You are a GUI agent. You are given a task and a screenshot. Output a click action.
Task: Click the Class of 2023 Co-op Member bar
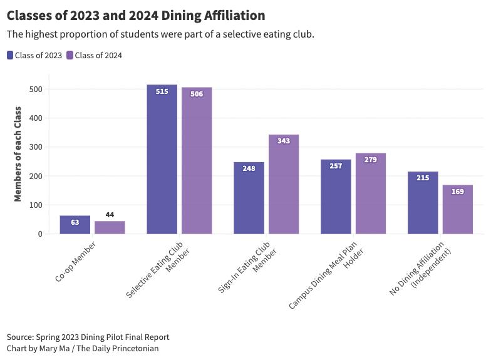pos(75,225)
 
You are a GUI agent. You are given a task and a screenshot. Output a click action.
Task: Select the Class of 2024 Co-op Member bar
pos(110,227)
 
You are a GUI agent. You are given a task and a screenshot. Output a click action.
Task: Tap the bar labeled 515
pos(162,160)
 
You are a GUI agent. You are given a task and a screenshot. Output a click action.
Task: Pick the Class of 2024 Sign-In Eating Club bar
pos(284,184)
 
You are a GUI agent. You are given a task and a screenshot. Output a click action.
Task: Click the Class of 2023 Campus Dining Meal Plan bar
pos(336,197)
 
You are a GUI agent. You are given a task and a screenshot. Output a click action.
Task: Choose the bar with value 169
pos(457,209)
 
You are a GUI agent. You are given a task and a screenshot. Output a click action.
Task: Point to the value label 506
pos(197,95)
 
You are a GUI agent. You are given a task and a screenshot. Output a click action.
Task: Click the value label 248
pos(249,168)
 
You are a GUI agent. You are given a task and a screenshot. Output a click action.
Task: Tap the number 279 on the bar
pos(370,160)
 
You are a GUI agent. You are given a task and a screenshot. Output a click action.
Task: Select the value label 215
pos(423,178)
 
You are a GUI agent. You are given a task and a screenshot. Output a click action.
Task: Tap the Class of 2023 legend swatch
pos(10,55)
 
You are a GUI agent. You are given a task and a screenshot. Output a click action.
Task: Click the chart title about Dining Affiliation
pos(136,15)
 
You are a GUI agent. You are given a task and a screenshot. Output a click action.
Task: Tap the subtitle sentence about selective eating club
pos(160,33)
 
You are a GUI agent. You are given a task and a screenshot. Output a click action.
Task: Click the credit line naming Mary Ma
pos(82,348)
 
